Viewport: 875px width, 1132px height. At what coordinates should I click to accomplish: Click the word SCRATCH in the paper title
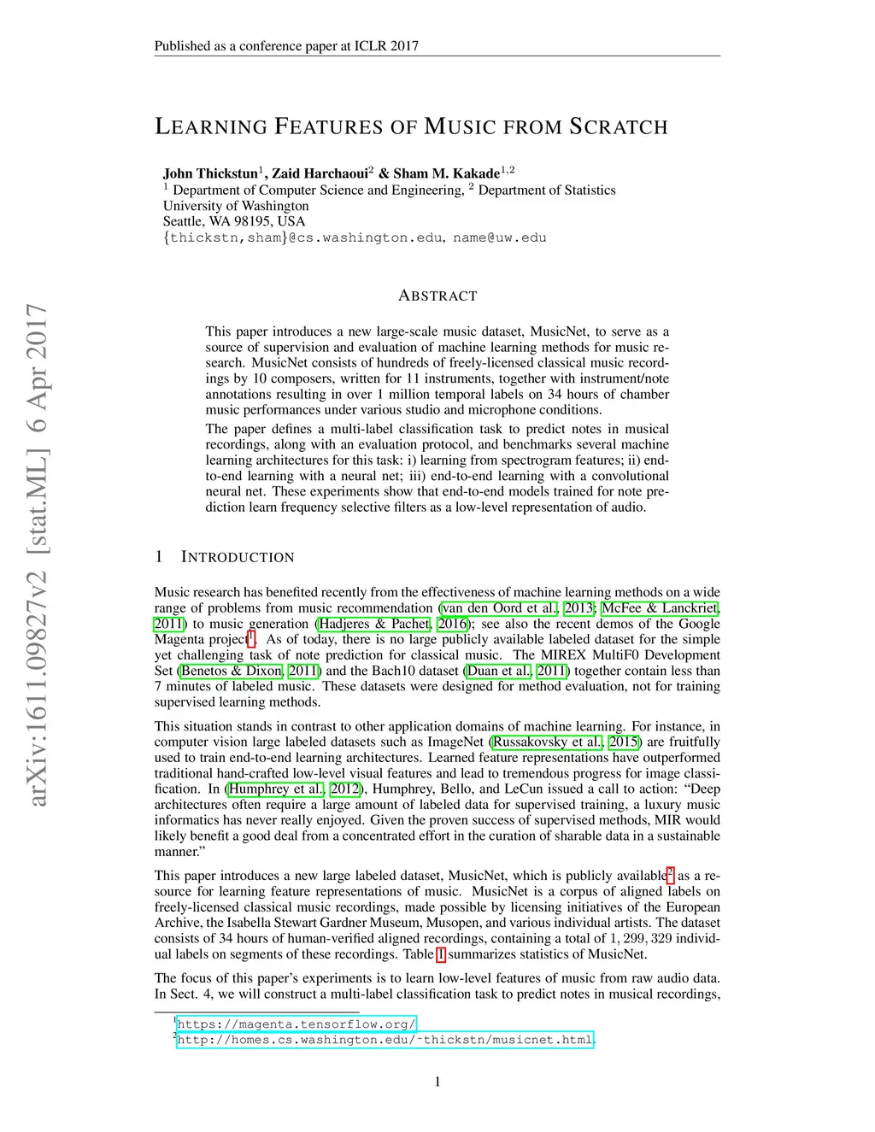click(x=618, y=127)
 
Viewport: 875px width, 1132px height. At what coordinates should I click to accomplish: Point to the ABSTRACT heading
click(x=437, y=296)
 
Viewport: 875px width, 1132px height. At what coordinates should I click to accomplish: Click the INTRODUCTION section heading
click(x=238, y=557)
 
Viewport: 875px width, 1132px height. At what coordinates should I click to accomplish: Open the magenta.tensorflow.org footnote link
click(x=297, y=1023)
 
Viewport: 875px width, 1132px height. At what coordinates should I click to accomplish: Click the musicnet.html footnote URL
click(x=385, y=1040)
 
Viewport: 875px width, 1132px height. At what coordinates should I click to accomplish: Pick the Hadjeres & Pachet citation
click(x=374, y=624)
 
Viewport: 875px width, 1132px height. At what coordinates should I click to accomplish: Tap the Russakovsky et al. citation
click(x=548, y=742)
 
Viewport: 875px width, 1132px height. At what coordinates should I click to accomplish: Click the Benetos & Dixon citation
click(x=231, y=671)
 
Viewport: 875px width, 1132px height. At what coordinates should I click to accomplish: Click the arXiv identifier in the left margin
click(x=37, y=555)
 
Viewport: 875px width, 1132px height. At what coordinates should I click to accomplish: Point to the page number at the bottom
click(x=437, y=1082)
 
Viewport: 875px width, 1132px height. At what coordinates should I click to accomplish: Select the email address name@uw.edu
click(x=500, y=238)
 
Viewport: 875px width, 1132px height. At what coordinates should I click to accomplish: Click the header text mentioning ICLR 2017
click(x=286, y=46)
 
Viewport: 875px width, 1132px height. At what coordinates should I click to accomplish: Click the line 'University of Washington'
click(x=236, y=206)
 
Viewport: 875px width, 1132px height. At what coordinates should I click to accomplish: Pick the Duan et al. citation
click(x=499, y=671)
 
